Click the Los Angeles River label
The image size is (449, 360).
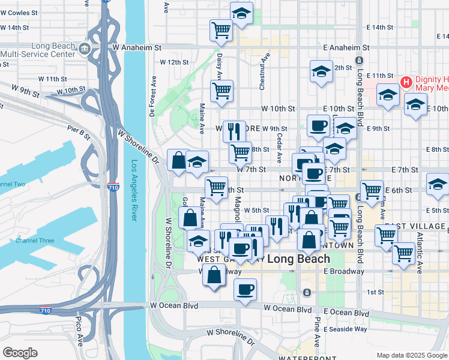click(x=134, y=191)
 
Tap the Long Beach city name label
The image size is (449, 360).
click(x=298, y=259)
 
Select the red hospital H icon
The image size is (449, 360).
click(x=405, y=82)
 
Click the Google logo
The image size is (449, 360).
click(x=20, y=352)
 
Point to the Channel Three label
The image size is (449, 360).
click(x=35, y=241)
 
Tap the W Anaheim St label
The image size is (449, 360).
click(x=137, y=47)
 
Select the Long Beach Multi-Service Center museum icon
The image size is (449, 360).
click(x=83, y=47)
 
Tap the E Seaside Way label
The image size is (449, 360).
click(x=345, y=329)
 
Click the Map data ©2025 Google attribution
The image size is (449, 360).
click(x=412, y=355)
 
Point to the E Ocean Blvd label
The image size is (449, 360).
click(x=346, y=313)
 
